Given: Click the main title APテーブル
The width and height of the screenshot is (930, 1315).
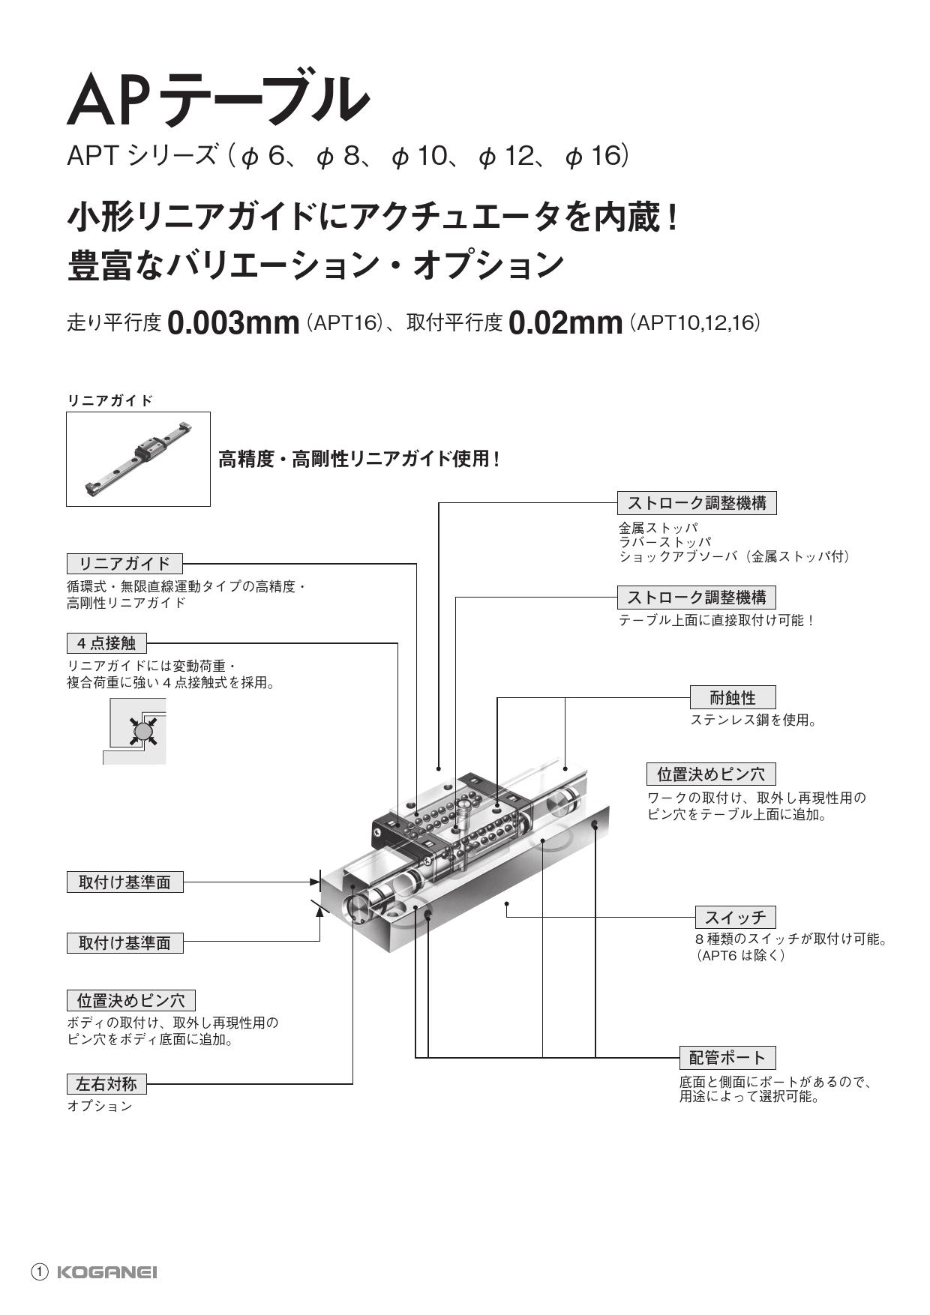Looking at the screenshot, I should point(217,99).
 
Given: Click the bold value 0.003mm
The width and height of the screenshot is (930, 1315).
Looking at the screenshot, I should point(233,323).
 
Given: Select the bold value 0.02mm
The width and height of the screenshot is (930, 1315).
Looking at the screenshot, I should point(565,323).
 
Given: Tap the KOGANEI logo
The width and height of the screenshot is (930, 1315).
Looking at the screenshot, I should point(107,1272).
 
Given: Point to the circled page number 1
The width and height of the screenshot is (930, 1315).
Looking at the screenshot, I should point(40,1272).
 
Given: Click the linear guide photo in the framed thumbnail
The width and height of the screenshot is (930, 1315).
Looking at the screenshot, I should point(138,458).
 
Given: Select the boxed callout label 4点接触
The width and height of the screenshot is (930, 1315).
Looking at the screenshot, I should point(106,643).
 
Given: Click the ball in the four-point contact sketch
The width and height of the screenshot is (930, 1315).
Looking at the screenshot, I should point(142,730).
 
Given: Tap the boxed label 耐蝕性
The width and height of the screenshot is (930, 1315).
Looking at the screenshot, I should point(732,698).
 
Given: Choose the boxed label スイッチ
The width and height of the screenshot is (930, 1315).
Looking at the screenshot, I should point(735,917).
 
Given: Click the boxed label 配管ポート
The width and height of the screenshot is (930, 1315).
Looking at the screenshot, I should point(727,1058).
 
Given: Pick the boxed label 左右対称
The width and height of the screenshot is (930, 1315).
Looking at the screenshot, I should point(106,1083).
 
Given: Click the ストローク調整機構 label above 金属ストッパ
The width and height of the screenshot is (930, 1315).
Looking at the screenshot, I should point(696,503).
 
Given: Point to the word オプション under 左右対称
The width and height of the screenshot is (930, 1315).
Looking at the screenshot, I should point(100,1106).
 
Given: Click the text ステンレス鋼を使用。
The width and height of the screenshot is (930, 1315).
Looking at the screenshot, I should point(753,720).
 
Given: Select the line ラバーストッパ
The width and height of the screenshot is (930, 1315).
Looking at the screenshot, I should point(664,542).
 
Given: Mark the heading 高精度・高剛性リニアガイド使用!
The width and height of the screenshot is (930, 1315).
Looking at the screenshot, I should point(358,459).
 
